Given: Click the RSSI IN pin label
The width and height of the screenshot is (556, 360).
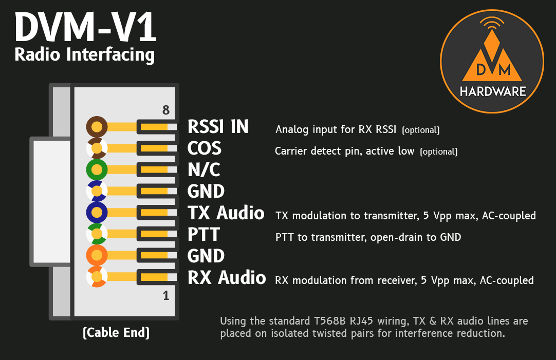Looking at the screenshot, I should pyautogui.click(x=218, y=126).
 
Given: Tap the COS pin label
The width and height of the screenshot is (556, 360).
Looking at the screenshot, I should pyautogui.click(x=205, y=148).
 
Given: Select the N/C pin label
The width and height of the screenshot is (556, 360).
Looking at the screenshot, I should pyautogui.click(x=204, y=170).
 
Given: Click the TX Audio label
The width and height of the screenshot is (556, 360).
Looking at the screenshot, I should pyautogui.click(x=226, y=213).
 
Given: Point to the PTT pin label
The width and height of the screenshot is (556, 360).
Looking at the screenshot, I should pyautogui.click(x=203, y=235).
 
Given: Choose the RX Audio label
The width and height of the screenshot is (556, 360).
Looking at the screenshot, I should pyautogui.click(x=227, y=278).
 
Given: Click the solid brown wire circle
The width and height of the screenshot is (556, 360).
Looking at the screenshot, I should pyautogui.click(x=97, y=126).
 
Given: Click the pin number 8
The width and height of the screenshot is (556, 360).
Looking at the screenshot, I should pyautogui.click(x=165, y=110).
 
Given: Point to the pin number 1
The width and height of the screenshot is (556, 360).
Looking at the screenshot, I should pyautogui.click(x=165, y=296).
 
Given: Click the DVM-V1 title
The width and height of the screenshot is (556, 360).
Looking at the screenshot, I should pyautogui.click(x=85, y=28).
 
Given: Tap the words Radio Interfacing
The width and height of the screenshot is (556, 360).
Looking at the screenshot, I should pyautogui.click(x=84, y=54).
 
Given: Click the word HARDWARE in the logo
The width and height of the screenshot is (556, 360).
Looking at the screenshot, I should pyautogui.click(x=493, y=92).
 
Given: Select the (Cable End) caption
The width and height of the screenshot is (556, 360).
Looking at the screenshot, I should pyautogui.click(x=116, y=333).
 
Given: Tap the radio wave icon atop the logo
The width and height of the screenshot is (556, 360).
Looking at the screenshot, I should pyautogui.click(x=492, y=23).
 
